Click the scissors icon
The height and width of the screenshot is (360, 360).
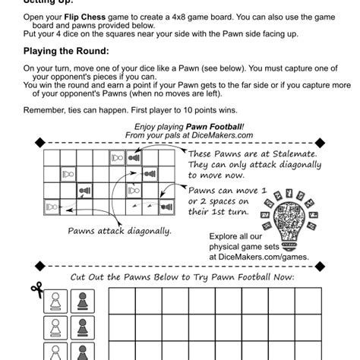pos(36,289)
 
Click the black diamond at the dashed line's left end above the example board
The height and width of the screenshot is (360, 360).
pos(38,140)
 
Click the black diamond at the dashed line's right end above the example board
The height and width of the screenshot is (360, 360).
pos(321,140)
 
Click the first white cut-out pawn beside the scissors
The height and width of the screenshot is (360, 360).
pos(55,303)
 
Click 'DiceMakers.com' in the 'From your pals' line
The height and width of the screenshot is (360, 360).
pos(211,134)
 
